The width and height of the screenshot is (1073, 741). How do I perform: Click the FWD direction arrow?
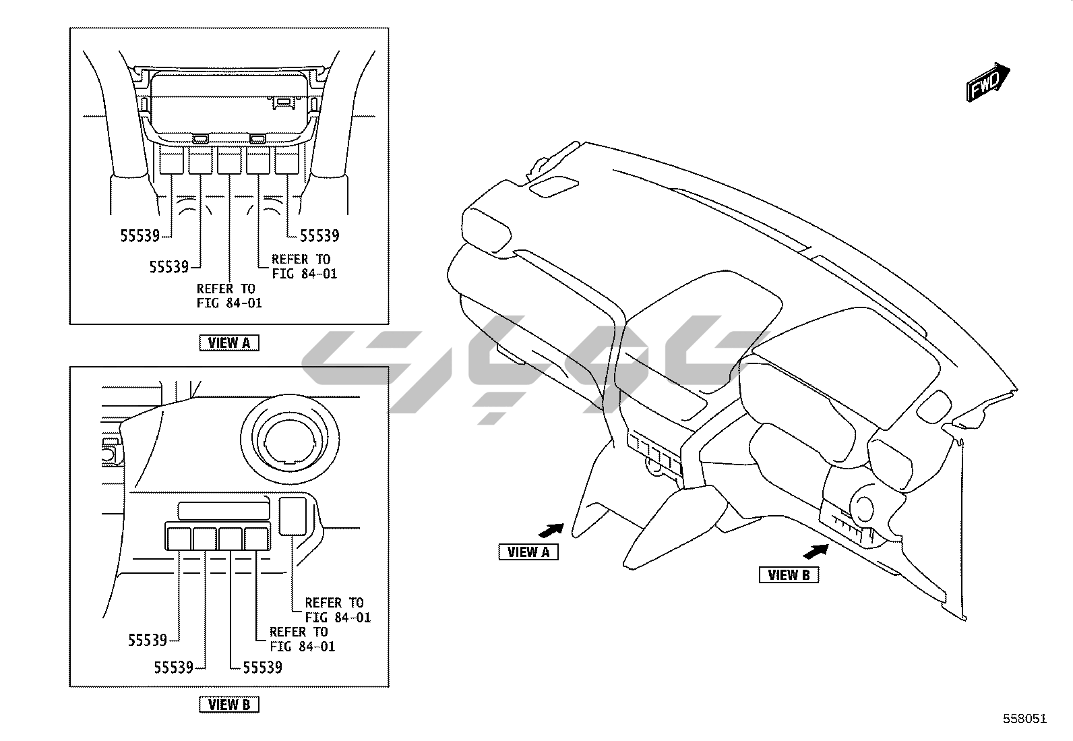click(x=988, y=82)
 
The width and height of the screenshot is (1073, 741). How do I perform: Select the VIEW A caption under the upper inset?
click(x=229, y=343)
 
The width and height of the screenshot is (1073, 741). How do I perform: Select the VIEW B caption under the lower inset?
click(x=229, y=705)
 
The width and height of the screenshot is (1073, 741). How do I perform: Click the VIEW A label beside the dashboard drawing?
click(x=528, y=552)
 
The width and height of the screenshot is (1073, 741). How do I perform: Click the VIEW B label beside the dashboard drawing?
click(x=789, y=575)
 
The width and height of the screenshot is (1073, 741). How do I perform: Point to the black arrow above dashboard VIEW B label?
click(x=815, y=552)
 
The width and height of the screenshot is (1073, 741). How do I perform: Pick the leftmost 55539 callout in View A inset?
click(x=140, y=236)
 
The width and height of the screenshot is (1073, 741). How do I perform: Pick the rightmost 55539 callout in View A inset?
click(x=319, y=236)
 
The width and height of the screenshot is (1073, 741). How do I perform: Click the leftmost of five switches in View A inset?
click(x=171, y=162)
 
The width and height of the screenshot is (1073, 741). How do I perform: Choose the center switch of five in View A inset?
click(x=229, y=162)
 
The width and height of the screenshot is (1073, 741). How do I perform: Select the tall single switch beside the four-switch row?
click(x=293, y=515)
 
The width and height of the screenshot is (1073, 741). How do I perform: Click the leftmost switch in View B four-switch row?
click(x=179, y=538)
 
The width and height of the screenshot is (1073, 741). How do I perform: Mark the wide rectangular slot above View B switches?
click(x=223, y=510)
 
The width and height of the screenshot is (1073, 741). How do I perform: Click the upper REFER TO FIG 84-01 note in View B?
click(x=337, y=610)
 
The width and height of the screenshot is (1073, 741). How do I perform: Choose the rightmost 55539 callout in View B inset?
click(x=262, y=668)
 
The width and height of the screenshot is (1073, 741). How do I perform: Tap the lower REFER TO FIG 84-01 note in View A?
click(x=228, y=296)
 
